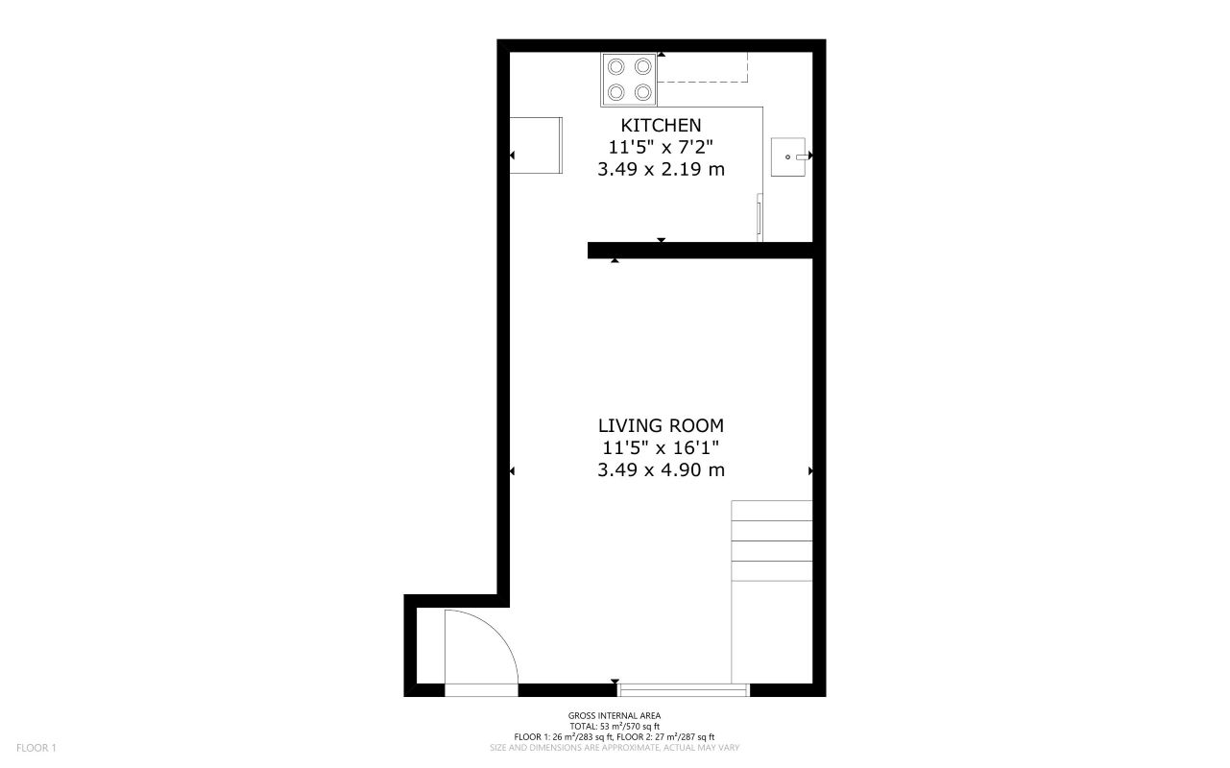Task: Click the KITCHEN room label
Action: (x=661, y=125)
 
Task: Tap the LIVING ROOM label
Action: (x=661, y=425)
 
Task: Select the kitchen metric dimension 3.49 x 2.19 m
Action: (x=661, y=170)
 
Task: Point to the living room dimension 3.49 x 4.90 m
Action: (x=661, y=470)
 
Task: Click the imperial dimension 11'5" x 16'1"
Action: (x=661, y=447)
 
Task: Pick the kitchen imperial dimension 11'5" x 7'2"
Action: (x=661, y=147)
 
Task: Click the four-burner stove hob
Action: (x=630, y=79)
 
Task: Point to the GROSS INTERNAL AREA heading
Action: (x=615, y=715)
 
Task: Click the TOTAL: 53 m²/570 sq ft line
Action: (x=615, y=727)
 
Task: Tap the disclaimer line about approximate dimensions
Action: (x=615, y=748)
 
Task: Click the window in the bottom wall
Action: (x=684, y=689)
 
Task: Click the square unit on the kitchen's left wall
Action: (x=536, y=145)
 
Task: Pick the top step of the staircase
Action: (x=772, y=511)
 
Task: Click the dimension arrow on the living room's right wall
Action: (x=811, y=471)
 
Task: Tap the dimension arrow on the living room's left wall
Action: (x=512, y=471)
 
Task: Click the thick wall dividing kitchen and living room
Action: (x=701, y=251)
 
